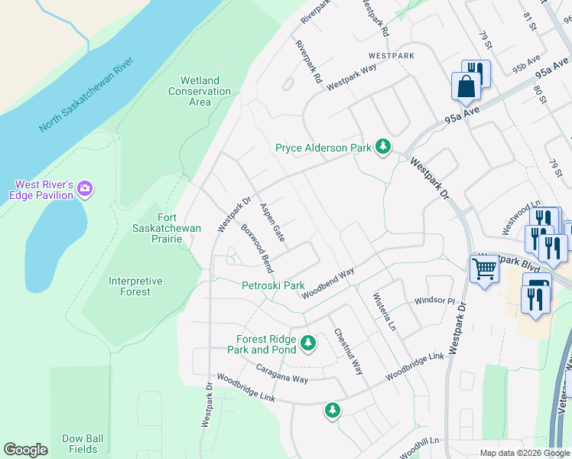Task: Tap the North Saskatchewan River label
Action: click(x=87, y=94)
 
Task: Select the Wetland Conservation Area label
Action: click(x=200, y=91)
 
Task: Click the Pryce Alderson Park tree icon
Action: click(x=383, y=147)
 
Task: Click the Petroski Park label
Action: click(x=273, y=286)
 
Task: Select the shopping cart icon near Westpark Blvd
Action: click(x=485, y=270)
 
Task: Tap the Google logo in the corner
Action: click(x=25, y=451)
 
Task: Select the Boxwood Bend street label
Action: click(x=257, y=249)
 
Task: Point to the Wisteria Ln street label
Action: click(x=383, y=311)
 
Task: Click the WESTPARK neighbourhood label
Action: click(x=390, y=56)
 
